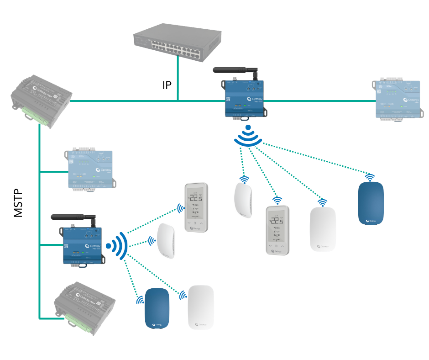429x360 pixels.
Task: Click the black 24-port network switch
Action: (x=178, y=44)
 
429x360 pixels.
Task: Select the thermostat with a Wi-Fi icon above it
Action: (x=277, y=230)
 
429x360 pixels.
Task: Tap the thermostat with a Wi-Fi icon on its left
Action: (x=196, y=207)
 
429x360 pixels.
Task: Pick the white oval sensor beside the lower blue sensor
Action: (x=201, y=307)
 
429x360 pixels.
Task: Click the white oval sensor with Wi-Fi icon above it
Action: (x=323, y=229)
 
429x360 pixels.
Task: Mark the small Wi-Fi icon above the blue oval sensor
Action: (x=369, y=177)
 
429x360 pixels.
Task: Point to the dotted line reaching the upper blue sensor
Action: (x=315, y=158)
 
